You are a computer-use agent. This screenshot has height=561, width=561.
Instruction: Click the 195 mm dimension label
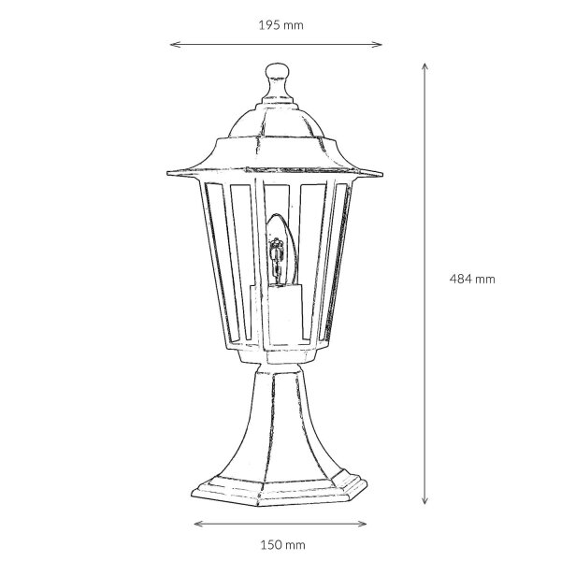[x=280, y=25]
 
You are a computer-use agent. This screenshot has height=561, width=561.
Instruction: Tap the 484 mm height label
[x=472, y=279]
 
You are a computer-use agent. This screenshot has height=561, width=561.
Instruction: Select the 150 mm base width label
[x=282, y=545]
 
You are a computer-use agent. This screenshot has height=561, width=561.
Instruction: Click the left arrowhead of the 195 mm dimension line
[x=175, y=44]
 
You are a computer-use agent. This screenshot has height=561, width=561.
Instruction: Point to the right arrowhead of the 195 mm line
[x=378, y=44]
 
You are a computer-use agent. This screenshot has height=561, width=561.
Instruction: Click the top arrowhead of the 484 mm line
[x=424, y=68]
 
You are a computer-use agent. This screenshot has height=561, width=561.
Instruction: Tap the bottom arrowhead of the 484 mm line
[x=424, y=499]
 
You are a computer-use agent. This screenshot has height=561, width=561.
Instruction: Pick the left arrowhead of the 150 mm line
[x=199, y=524]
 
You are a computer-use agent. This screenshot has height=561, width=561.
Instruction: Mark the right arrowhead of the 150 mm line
[x=361, y=524]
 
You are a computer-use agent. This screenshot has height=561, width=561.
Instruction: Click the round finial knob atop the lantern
[x=278, y=73]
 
